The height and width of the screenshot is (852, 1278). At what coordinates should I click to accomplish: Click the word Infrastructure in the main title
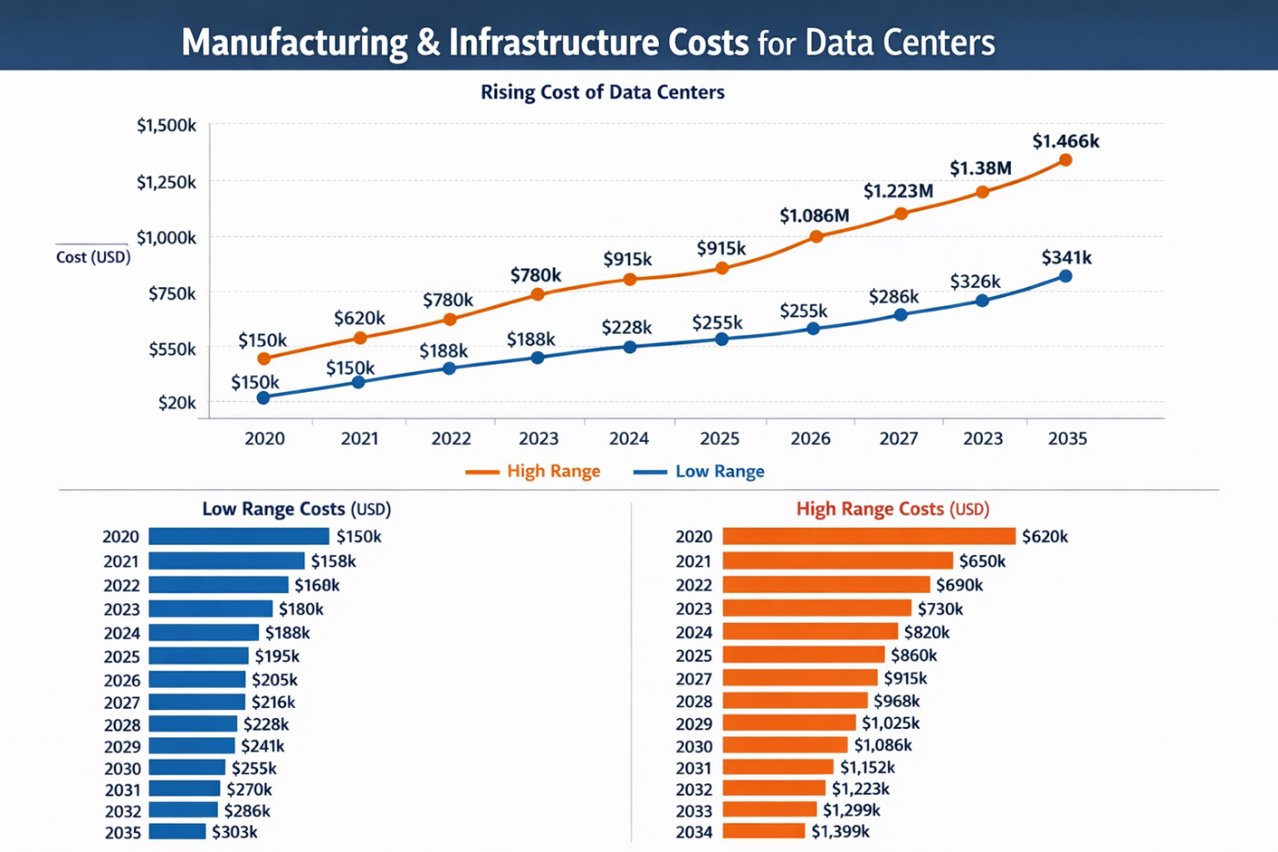(598, 43)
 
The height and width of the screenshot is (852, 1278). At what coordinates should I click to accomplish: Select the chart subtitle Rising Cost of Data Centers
(603, 92)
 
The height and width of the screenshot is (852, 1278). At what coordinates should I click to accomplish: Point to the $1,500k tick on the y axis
(166, 126)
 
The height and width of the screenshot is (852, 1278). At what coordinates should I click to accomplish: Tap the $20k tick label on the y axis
(177, 403)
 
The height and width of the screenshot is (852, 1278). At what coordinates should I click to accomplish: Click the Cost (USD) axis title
(93, 257)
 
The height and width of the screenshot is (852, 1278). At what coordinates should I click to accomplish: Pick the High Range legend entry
(533, 471)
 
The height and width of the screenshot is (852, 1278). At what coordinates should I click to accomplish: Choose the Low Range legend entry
(699, 471)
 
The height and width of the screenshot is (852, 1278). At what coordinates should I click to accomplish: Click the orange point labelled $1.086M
(816, 236)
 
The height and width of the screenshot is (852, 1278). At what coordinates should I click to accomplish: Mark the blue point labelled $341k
(1066, 276)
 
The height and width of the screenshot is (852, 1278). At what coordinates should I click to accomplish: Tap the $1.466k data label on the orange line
(1066, 141)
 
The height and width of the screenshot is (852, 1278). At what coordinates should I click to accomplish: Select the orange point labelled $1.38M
(982, 192)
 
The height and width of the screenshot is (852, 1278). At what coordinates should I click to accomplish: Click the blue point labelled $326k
(982, 301)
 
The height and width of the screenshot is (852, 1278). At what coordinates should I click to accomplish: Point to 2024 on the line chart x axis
(629, 438)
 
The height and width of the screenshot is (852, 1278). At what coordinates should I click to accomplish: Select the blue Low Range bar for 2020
(239, 537)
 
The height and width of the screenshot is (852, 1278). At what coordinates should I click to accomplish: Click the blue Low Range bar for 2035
(177, 832)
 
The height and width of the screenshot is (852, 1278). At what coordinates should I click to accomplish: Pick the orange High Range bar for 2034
(764, 831)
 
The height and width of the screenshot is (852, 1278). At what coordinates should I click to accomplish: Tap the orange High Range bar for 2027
(799, 678)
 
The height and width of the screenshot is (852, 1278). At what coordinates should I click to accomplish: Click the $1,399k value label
(840, 831)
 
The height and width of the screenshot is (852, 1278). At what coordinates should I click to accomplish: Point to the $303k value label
(234, 832)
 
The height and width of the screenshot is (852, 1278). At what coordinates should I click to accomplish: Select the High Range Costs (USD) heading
(892, 508)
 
